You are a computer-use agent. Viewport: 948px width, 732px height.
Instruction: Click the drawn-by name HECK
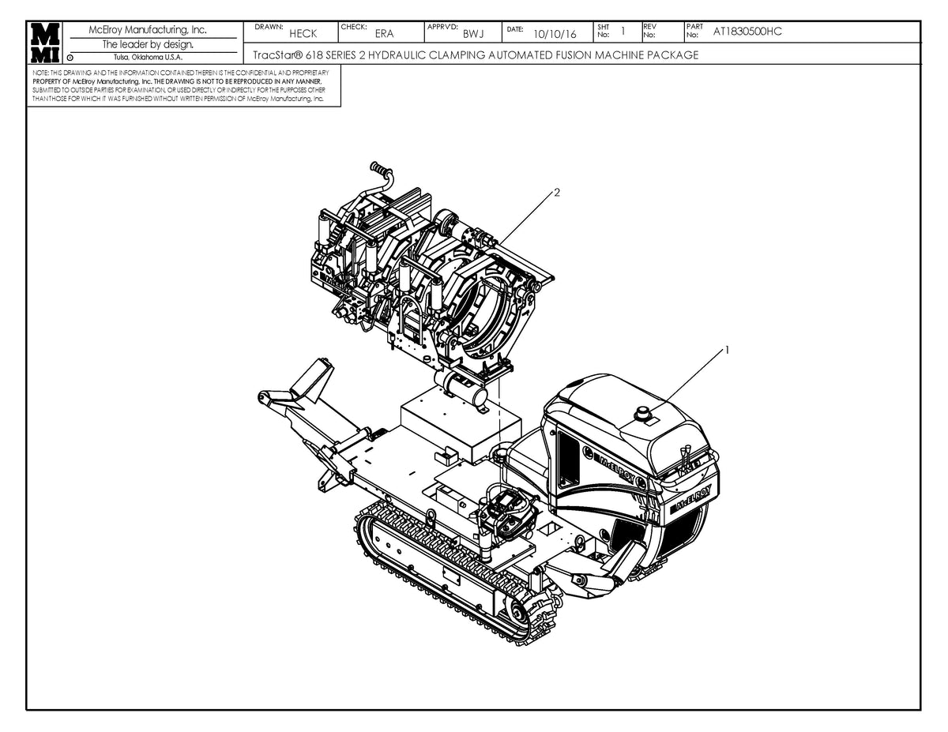[303, 34]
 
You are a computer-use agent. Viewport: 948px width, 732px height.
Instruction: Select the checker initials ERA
[384, 34]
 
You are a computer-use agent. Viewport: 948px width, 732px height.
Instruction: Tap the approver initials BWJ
[473, 34]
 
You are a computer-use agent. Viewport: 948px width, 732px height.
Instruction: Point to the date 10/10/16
[555, 34]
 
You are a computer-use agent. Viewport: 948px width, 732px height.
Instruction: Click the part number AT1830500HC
[747, 32]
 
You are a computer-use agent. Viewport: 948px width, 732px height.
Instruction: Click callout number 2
[557, 193]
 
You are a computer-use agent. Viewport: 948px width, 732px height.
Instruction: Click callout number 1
[728, 349]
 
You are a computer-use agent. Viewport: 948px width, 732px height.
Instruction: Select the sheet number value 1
[623, 32]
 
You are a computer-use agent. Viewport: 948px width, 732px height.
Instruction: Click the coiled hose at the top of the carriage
[380, 169]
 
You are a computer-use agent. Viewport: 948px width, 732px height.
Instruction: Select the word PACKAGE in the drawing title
[671, 55]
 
